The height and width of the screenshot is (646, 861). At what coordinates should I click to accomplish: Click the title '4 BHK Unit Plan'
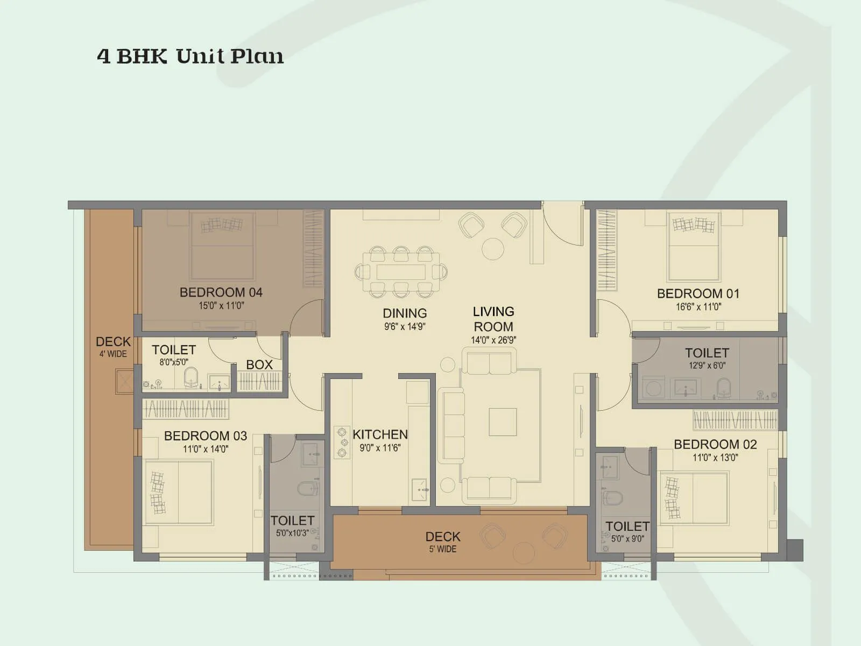(190, 56)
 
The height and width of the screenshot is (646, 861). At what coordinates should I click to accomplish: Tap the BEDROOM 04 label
(221, 292)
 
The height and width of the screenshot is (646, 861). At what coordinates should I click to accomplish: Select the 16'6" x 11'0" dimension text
(698, 307)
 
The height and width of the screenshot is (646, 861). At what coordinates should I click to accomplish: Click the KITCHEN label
(380, 434)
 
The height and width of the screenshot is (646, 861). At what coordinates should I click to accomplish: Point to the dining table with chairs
(401, 272)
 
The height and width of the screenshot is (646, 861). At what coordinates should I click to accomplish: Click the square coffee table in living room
(503, 422)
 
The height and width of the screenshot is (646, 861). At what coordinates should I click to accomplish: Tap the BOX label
(259, 364)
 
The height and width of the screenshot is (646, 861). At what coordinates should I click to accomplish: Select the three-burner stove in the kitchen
(342, 443)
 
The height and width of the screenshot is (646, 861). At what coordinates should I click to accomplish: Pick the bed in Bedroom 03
(179, 492)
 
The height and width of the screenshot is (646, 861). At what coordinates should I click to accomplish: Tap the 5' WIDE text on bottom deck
(443, 549)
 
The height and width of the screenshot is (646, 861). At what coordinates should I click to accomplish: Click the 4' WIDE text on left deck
(113, 354)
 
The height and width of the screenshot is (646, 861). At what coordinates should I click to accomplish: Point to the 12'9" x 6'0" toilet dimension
(707, 366)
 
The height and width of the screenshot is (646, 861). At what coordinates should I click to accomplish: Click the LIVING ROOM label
(493, 319)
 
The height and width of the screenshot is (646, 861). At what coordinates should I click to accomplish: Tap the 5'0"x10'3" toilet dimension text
(292, 533)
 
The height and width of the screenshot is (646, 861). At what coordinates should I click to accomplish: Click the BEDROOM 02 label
(715, 444)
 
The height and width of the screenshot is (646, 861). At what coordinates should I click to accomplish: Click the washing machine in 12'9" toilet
(654, 388)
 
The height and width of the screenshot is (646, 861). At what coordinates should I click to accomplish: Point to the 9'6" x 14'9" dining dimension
(405, 326)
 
